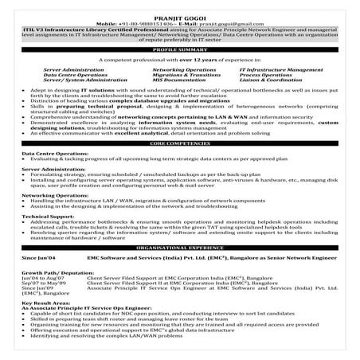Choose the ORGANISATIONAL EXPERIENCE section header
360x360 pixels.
[x=180, y=248]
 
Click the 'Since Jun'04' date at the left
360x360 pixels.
[x=38, y=258]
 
